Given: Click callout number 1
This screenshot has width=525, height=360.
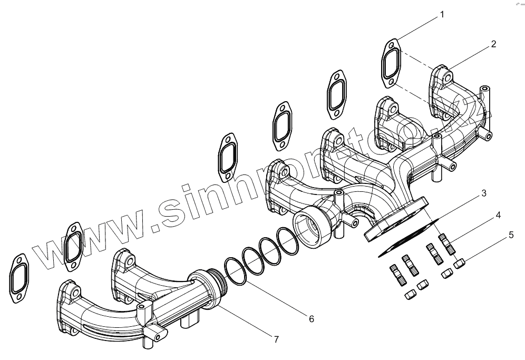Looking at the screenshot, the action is coord(442,15).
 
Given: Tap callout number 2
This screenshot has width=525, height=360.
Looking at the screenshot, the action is coord(493,44).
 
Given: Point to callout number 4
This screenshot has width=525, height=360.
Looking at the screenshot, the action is coord(497,216).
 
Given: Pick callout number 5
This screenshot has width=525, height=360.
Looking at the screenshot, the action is coord(510,236).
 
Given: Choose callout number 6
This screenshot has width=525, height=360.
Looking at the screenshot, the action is coord(311,318).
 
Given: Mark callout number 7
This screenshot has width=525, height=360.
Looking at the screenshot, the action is coord(276,339).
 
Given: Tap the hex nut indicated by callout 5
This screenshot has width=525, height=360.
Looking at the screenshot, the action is coord(459,262).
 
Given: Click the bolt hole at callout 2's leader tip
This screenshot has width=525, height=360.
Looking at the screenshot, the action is coord(447,78).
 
